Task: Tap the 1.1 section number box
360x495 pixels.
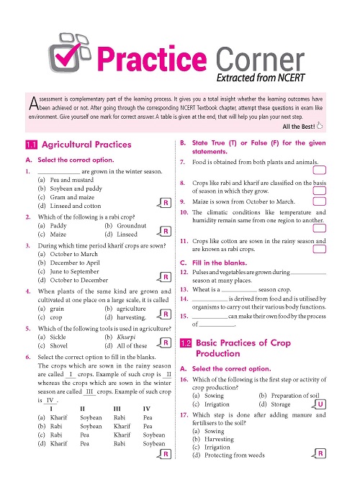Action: tap(31, 144)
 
